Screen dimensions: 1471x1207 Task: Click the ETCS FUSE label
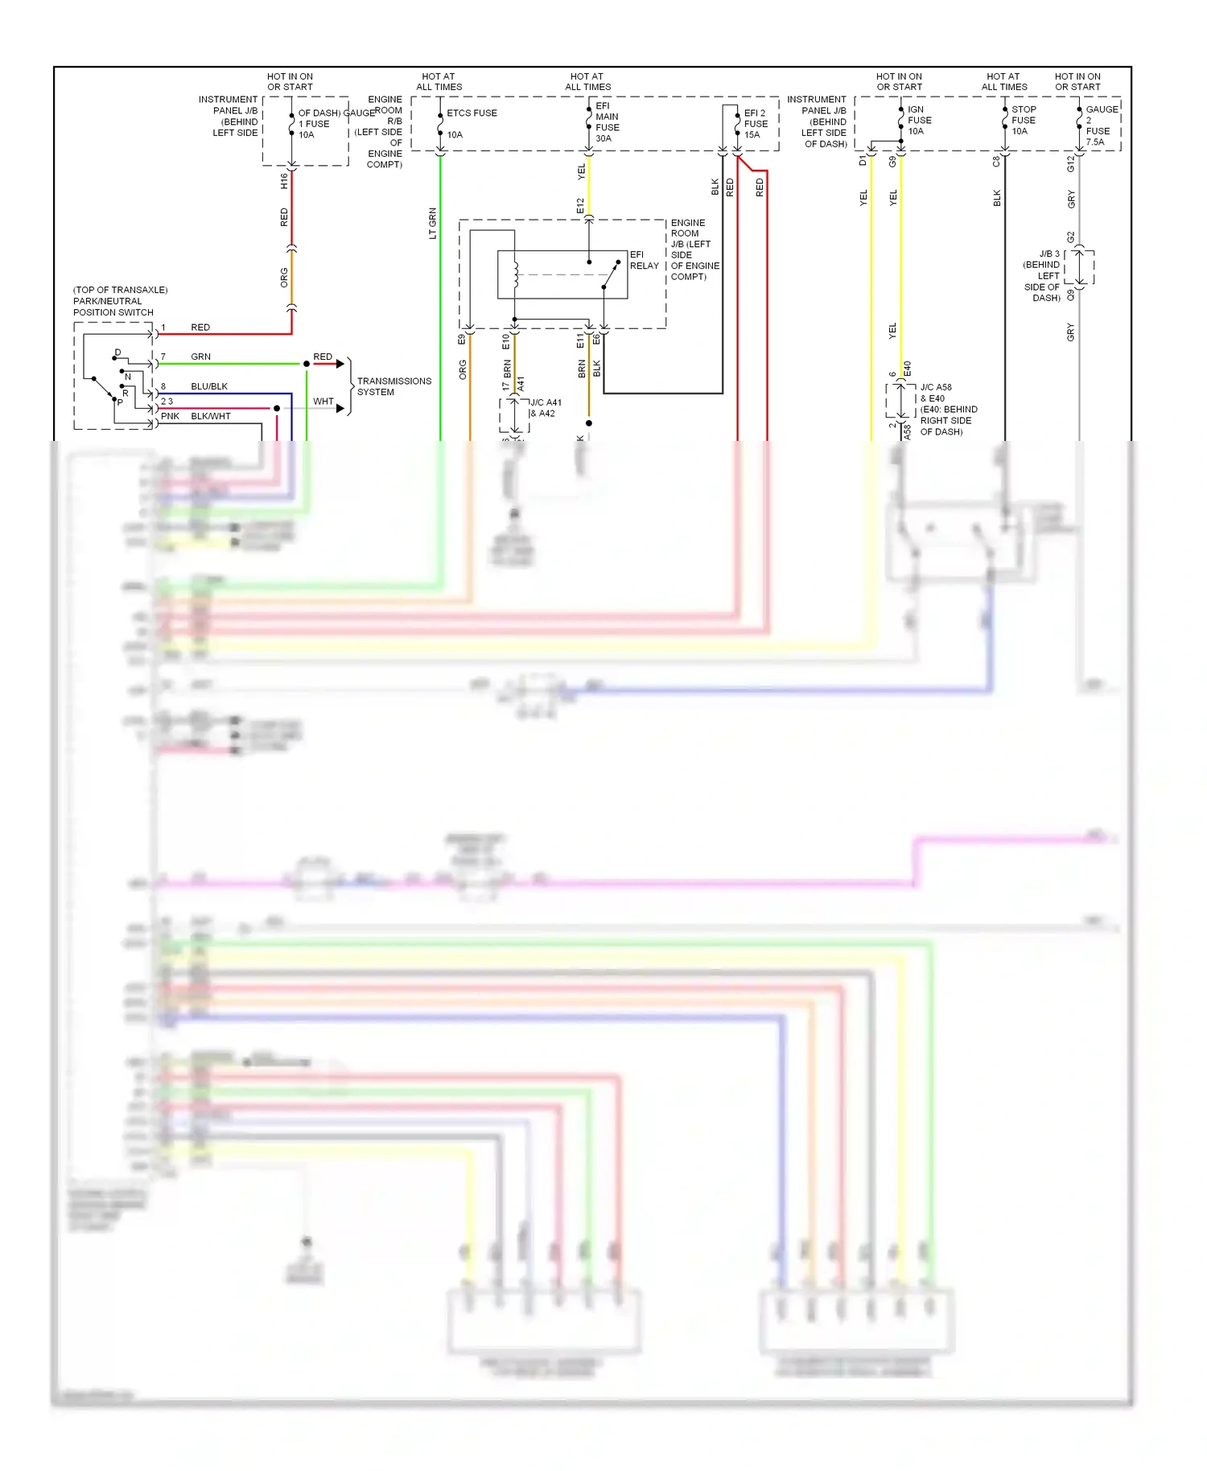(472, 113)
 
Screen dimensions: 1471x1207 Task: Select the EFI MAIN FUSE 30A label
(607, 122)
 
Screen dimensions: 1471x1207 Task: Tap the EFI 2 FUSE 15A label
(755, 124)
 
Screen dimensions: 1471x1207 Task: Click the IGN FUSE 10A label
(919, 121)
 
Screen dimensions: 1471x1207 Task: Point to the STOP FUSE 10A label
(1023, 121)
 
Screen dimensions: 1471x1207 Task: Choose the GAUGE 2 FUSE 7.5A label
(1100, 126)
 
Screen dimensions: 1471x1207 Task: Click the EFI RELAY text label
(644, 260)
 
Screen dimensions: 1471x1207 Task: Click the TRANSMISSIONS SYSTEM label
(393, 386)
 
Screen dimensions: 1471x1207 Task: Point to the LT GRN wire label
(432, 223)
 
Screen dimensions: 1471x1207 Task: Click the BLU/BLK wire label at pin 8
(209, 386)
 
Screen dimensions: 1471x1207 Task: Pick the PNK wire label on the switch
(170, 416)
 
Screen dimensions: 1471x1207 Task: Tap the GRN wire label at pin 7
(200, 356)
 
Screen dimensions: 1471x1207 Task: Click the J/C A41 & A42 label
(545, 408)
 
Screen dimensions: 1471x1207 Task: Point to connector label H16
(284, 181)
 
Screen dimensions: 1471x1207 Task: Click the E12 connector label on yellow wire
(580, 206)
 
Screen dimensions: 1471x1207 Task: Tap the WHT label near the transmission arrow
(323, 401)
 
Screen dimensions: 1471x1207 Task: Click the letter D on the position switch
(117, 352)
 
